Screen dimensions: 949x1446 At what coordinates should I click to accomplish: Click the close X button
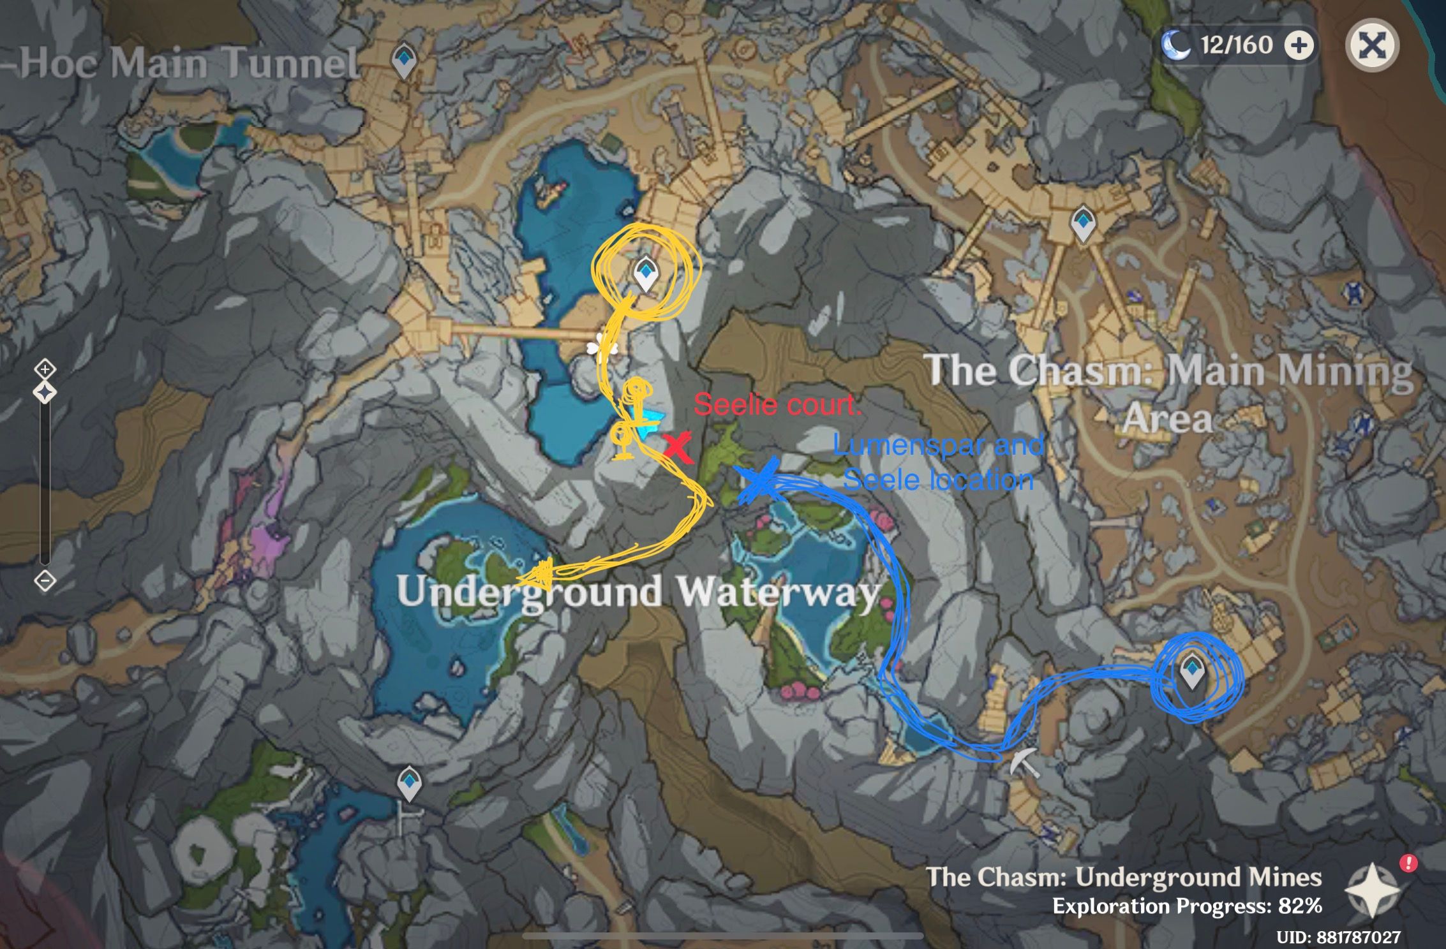[x=1372, y=45]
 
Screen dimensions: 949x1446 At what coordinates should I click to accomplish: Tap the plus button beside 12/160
[x=1299, y=45]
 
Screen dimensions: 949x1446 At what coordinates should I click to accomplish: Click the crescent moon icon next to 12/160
[x=1175, y=45]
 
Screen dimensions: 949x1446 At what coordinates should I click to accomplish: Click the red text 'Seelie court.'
[x=777, y=404]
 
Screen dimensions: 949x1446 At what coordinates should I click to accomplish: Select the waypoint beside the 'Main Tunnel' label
[x=403, y=61]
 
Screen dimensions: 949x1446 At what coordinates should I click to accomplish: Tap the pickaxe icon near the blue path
[x=1024, y=761]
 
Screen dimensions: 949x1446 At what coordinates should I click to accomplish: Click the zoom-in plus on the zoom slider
[x=45, y=369]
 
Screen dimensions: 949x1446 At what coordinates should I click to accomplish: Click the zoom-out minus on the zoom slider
[x=45, y=581]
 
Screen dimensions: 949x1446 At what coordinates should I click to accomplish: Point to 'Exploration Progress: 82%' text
[x=1186, y=906]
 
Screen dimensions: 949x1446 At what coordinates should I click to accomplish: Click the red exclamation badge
[x=1408, y=864]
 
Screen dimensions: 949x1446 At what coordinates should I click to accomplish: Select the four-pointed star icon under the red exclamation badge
[x=1372, y=890]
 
